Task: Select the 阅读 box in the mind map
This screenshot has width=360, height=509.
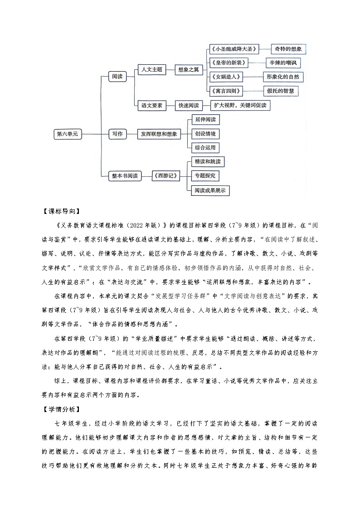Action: click(x=117, y=77)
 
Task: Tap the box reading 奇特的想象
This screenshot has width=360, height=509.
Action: click(x=289, y=48)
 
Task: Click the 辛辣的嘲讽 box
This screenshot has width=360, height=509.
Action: click(x=284, y=63)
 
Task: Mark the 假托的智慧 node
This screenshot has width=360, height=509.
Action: click(x=283, y=91)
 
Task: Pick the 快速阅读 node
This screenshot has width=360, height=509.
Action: click(x=188, y=106)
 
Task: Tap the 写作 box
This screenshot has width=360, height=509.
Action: click(x=117, y=134)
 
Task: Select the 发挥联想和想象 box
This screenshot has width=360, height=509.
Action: click(x=159, y=134)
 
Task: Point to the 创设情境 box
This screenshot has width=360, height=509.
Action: click(x=205, y=134)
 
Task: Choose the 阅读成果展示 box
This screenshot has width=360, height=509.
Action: click(x=210, y=190)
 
